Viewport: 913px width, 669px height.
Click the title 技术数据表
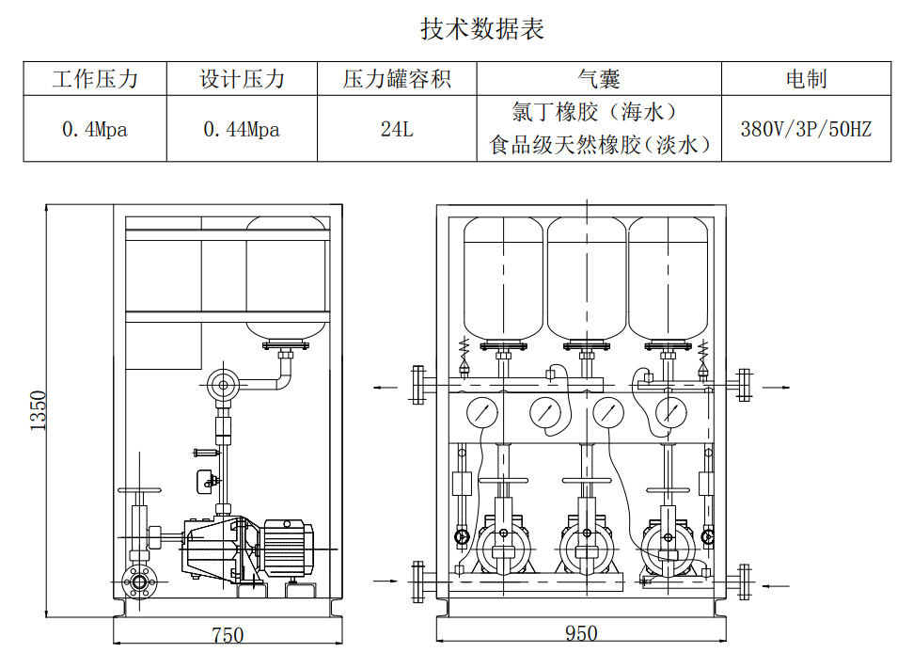(481, 29)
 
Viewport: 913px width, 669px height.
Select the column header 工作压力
(95, 79)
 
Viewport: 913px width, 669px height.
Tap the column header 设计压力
(242, 79)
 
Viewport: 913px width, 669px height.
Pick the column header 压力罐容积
(397, 79)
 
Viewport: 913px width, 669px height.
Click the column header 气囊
(598, 79)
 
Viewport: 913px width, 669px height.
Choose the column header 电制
(806, 79)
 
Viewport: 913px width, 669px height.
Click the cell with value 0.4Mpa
(95, 130)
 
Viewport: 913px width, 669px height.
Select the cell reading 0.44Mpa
(242, 130)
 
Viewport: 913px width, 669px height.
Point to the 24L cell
(397, 130)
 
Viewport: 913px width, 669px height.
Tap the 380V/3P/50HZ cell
(806, 130)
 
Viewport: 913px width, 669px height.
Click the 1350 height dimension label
(39, 410)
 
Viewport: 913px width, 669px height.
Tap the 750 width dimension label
(227, 635)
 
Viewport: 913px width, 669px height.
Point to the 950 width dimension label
(581, 633)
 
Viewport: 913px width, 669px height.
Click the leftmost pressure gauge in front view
(481, 411)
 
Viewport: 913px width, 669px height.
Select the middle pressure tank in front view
(587, 278)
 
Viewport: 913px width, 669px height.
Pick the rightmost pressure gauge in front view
(671, 411)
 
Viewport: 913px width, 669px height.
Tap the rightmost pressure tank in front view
(668, 278)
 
